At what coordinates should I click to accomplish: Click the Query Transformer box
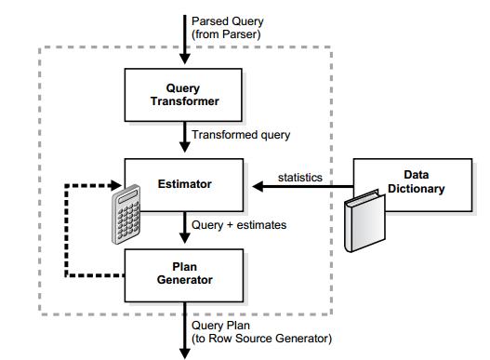(x=183, y=95)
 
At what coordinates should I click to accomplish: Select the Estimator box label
(x=185, y=184)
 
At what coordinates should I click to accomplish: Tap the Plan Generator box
(x=184, y=275)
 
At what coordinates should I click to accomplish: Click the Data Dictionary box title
(x=416, y=181)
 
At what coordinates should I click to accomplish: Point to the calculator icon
(x=126, y=215)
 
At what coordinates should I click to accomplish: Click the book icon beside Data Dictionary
(x=364, y=221)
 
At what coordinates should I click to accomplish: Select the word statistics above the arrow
(x=300, y=178)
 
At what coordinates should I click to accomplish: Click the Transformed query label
(x=241, y=135)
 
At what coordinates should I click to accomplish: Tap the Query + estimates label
(x=239, y=225)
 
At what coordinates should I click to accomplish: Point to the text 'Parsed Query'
(x=228, y=21)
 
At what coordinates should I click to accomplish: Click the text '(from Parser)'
(x=226, y=34)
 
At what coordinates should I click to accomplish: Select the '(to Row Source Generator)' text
(x=261, y=339)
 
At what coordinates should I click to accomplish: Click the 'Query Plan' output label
(x=220, y=326)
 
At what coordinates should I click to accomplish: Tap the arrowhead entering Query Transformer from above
(x=185, y=59)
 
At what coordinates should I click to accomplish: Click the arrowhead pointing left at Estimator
(x=258, y=187)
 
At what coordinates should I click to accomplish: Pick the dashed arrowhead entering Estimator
(x=116, y=185)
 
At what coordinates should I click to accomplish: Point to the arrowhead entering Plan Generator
(x=185, y=238)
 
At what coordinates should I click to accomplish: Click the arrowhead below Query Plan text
(x=185, y=353)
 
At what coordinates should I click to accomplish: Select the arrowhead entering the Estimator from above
(x=185, y=147)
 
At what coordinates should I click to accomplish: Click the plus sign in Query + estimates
(x=230, y=225)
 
